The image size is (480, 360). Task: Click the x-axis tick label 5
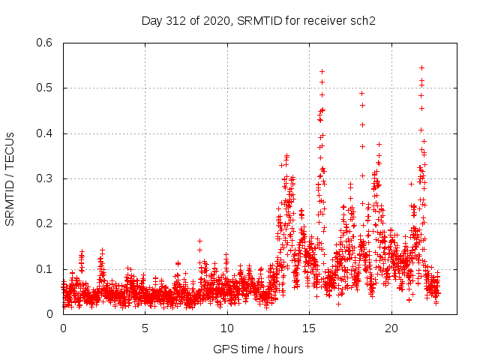(x=145, y=328)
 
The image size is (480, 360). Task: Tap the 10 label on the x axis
(x=226, y=328)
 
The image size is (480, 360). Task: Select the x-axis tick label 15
(x=308, y=328)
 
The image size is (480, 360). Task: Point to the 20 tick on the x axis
(x=390, y=328)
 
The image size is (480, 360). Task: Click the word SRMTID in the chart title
(x=259, y=20)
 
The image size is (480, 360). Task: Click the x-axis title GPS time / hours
(x=259, y=349)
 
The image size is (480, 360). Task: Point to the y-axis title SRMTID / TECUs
(x=10, y=178)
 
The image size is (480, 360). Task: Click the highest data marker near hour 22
(x=421, y=67)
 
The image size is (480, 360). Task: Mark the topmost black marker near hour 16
(x=322, y=71)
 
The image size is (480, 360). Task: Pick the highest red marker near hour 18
(x=361, y=93)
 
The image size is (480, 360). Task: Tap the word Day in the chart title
(x=151, y=20)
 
